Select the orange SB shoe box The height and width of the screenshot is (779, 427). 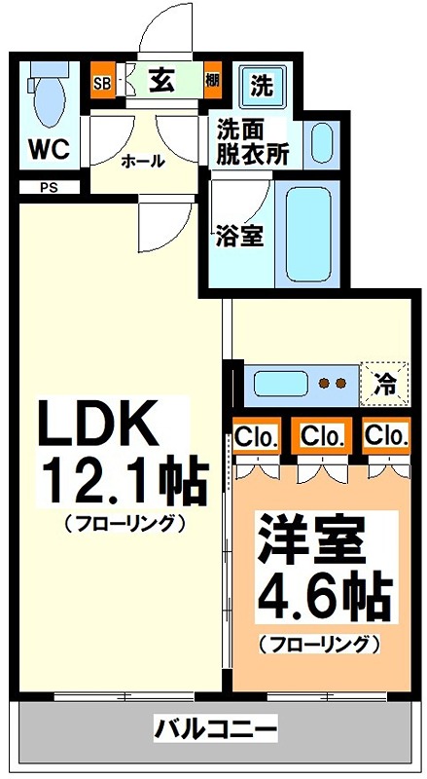101,83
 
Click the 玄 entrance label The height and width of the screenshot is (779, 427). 160,82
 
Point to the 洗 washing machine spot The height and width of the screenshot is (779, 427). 262,85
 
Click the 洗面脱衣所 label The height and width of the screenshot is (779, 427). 253,142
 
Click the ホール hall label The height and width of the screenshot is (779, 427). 142,162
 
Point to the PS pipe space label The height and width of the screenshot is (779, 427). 48,189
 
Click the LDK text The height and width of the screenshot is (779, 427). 97,424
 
